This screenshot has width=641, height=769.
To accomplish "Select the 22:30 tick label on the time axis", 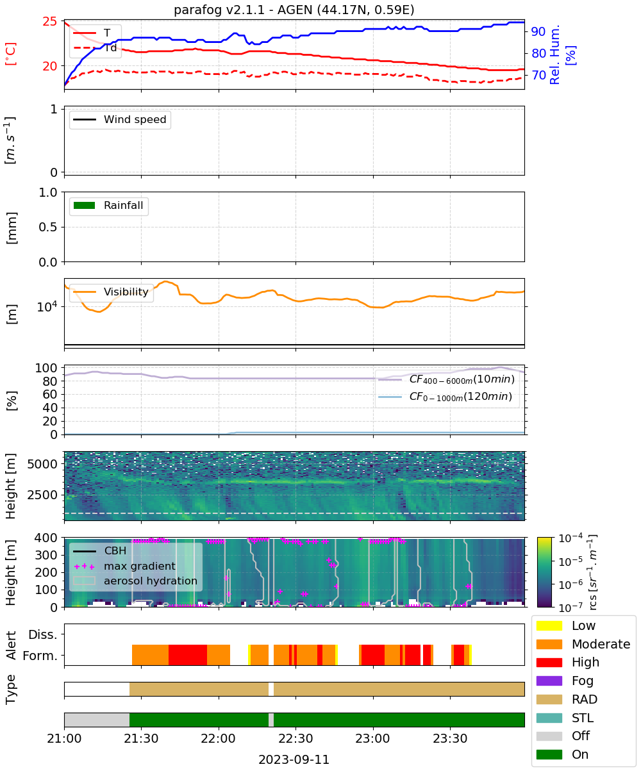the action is point(296,738).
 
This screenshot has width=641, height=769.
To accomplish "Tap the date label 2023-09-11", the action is point(294,759).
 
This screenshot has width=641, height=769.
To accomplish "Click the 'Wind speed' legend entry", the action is point(120,119).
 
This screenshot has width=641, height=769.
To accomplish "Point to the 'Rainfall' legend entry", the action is point(108,205).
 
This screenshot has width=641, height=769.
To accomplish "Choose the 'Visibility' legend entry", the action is point(111,292).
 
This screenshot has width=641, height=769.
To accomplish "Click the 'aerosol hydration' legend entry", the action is point(135,581).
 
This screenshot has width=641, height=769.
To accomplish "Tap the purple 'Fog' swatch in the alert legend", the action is point(549,681).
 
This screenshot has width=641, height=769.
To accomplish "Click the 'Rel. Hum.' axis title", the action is point(554,54).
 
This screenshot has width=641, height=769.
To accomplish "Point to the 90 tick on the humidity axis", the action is point(538,31).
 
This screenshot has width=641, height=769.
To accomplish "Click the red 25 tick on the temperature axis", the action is point(50,21).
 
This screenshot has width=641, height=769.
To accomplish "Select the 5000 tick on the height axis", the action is point(42,464).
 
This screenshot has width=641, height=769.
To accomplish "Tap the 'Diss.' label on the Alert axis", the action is point(43,634).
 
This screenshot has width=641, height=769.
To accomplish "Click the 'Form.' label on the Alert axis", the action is point(40,656).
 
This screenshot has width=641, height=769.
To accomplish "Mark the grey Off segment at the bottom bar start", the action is point(97,720).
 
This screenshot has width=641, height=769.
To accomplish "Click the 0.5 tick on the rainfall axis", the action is point(48,227).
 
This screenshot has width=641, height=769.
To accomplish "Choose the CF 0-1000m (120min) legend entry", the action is point(445,397).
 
